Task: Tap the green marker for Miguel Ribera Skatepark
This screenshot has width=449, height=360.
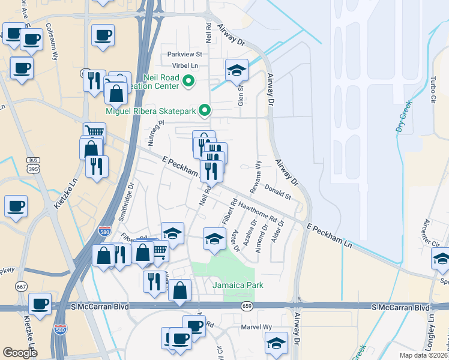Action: tap(205, 110)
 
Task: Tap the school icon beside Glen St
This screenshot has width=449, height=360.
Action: tap(237, 70)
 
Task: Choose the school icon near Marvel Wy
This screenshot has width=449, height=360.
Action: tap(276, 343)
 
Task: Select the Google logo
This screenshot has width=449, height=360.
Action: tap(20, 352)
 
